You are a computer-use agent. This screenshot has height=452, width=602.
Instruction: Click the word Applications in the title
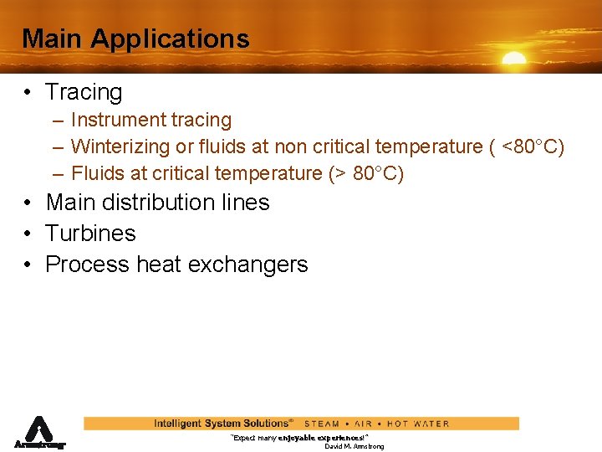coord(170,39)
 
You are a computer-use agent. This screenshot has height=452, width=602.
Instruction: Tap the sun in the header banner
coord(513,59)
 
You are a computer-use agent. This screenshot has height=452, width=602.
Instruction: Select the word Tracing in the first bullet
coord(84,92)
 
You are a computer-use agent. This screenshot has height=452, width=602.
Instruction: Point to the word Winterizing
coord(120,147)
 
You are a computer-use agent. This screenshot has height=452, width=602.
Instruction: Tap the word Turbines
coord(90,234)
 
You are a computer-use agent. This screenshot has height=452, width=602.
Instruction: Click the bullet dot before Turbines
coord(28,234)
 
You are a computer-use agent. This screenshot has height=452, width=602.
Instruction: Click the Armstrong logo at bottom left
coord(38,433)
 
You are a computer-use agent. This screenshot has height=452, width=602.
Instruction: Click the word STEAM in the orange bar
coord(322,424)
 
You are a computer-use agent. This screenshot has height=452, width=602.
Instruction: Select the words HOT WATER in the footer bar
coord(418,424)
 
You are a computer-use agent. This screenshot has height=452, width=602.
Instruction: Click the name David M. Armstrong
coord(355,447)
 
